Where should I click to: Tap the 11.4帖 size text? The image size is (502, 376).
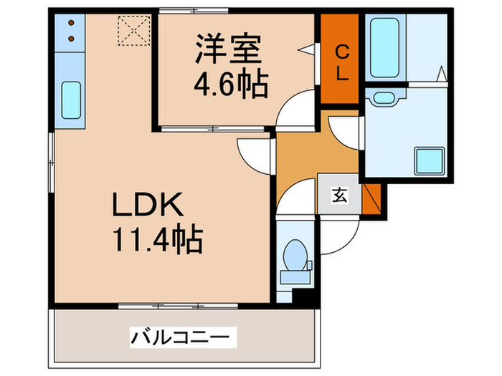(x=157, y=239)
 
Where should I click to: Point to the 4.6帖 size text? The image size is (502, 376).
(x=230, y=85)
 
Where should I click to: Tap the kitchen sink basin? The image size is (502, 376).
(x=71, y=102)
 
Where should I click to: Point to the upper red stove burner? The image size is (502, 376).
(x=71, y=24)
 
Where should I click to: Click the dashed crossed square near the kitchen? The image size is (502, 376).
(x=132, y=30)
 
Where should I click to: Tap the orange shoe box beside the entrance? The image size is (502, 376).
(x=371, y=198)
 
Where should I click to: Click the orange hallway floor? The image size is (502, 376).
(x=301, y=154)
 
